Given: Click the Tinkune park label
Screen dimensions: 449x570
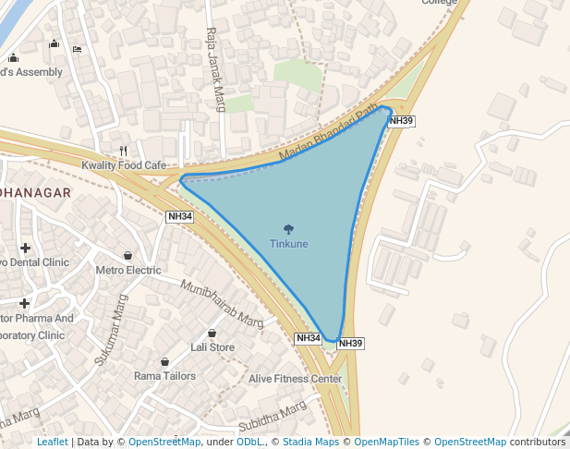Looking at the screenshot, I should [289, 244].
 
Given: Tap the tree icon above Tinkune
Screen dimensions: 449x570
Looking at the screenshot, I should [289, 229].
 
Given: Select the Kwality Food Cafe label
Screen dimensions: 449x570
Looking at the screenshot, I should [129, 165].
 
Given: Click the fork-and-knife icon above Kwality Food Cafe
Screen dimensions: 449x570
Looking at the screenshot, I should [123, 151].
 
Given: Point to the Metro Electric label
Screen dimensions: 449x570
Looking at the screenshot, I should [128, 271].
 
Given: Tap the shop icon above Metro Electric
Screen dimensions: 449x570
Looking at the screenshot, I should [127, 256].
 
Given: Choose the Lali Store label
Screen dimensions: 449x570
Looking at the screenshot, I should [212, 347].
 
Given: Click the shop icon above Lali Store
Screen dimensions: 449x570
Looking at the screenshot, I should [212, 333].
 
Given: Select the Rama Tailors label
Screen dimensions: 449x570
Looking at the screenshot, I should [165, 376].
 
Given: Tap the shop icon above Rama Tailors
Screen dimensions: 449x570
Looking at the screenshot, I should [164, 361].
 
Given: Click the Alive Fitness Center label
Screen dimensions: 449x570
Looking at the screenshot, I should [296, 379].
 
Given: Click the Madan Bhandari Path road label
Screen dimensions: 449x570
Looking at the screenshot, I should [330, 134].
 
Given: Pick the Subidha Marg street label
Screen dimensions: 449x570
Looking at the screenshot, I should [273, 417].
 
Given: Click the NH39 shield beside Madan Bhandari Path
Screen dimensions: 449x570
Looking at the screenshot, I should [401, 120].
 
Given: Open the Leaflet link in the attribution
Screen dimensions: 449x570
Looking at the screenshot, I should [53, 443].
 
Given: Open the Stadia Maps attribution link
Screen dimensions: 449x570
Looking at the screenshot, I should [310, 443].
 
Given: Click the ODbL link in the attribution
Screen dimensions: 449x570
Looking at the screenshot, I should [249, 443].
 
